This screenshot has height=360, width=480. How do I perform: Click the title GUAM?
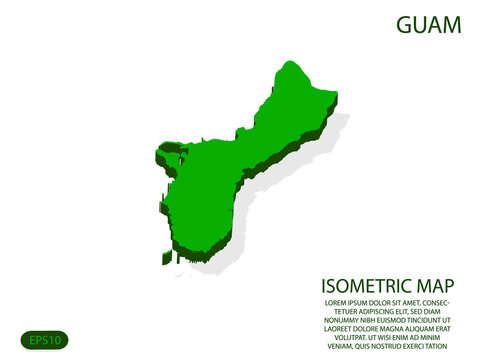click(x=428, y=25)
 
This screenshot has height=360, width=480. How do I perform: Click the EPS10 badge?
click(x=44, y=340)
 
